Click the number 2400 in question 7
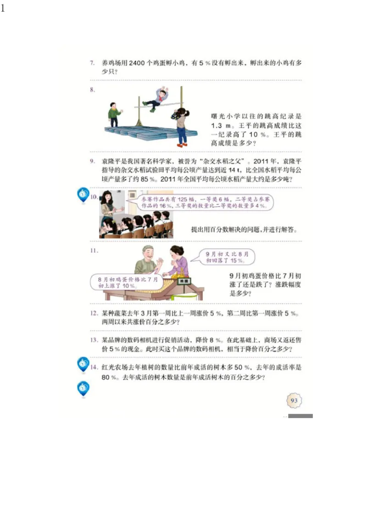138,63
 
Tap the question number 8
92,90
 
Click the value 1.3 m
220,126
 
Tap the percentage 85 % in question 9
147,179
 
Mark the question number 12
94,314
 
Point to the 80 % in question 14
107,378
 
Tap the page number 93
294,401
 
